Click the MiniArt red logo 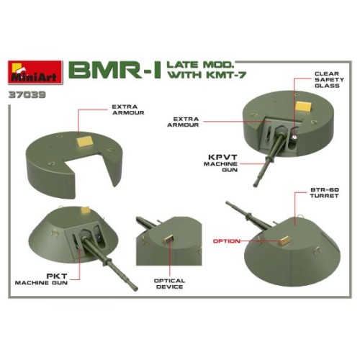click(35, 72)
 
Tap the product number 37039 click(27, 94)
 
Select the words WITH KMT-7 click(207, 75)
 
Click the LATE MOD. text click(200, 65)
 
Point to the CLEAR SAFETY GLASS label click(329, 80)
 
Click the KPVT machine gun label click(220, 163)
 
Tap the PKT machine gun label click(41, 279)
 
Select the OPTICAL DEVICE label click(169, 284)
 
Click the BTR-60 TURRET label click(324, 193)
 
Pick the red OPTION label click(227, 241)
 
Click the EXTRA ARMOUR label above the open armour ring click(128, 109)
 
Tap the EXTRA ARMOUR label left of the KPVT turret click(183, 122)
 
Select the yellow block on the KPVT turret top click(303, 106)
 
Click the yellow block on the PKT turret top click(86, 210)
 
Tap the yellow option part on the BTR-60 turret click(285, 240)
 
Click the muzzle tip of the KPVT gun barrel click(255, 185)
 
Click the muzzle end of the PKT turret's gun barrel click(136, 289)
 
